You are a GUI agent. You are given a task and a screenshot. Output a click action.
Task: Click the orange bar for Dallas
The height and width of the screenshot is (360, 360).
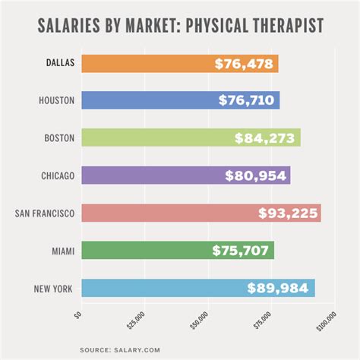[x=144, y=63]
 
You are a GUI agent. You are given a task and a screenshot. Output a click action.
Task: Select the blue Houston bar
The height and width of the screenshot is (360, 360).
[x=144, y=100]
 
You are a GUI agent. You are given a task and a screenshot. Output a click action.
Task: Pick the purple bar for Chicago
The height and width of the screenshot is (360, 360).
[x=144, y=175]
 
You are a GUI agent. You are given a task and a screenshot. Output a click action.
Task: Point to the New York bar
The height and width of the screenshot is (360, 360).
[x=152, y=288]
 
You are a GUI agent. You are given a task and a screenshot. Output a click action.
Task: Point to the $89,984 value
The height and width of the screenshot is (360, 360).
[x=280, y=288]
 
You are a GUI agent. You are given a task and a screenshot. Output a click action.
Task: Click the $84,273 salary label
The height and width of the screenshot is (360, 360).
[x=266, y=137]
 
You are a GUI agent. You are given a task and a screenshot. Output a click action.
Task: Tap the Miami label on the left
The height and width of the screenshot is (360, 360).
[x=62, y=250]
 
